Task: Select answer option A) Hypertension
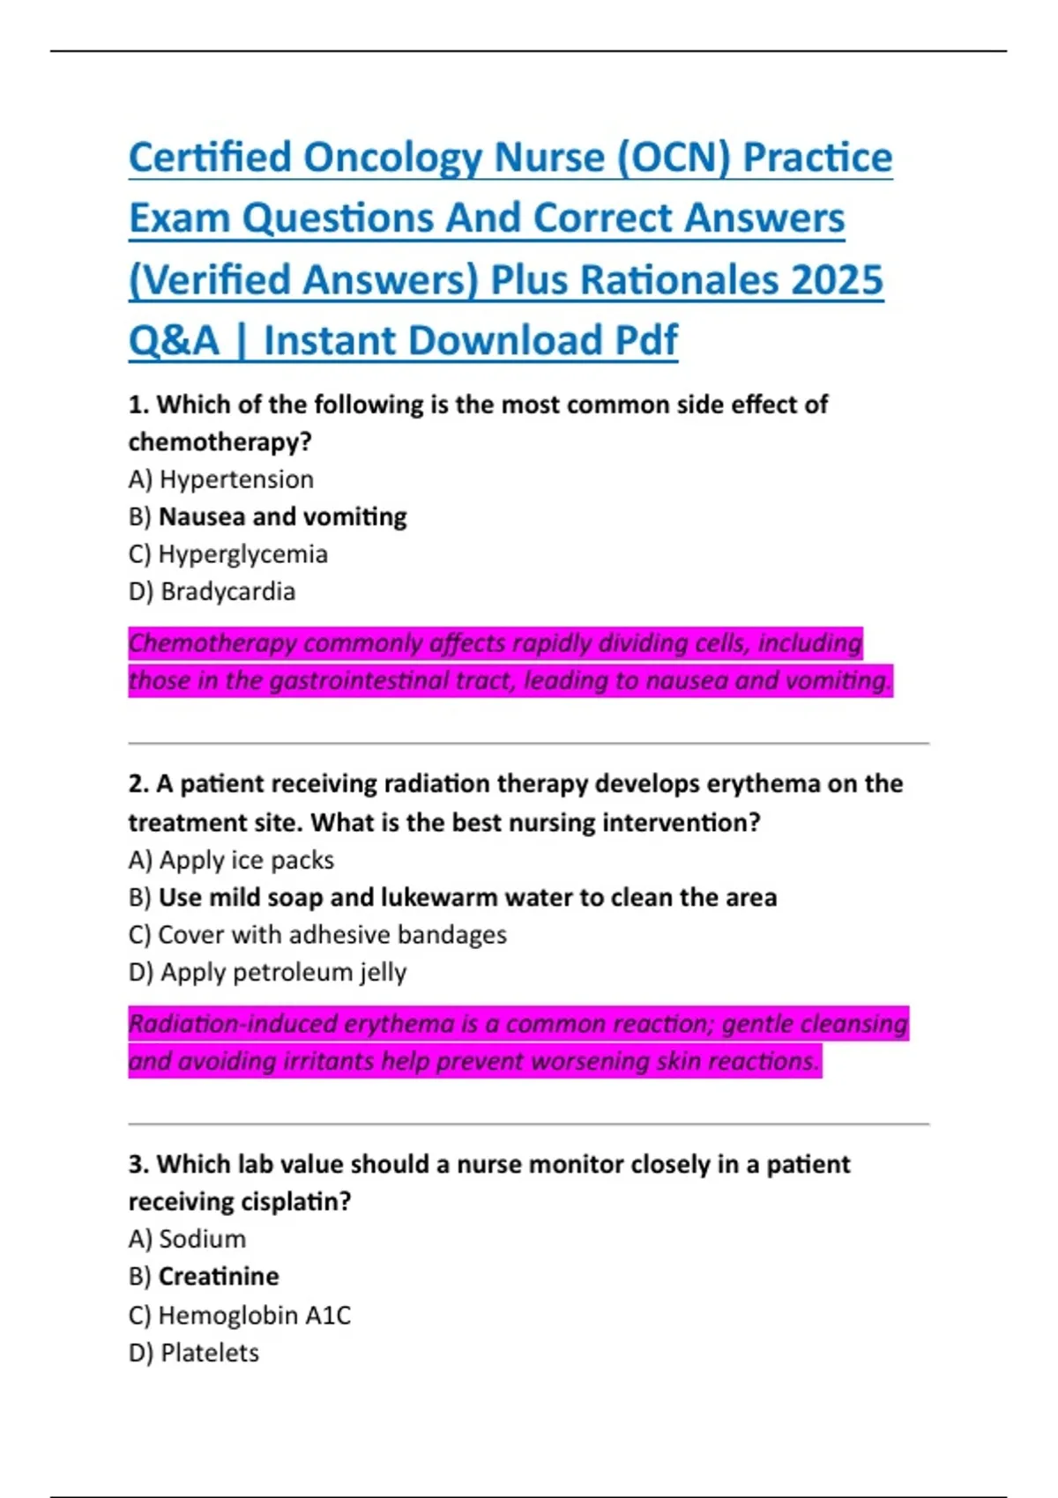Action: tap(220, 479)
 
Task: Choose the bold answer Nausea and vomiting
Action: tap(282, 516)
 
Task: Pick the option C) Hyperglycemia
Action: tap(227, 554)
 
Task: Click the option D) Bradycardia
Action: tap(212, 591)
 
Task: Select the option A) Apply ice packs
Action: tap(231, 860)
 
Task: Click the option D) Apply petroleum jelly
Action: tap(267, 973)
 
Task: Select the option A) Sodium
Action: tap(187, 1239)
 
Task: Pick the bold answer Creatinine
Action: tap(218, 1277)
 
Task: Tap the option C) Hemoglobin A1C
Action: tap(239, 1316)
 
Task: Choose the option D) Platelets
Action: tap(194, 1353)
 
